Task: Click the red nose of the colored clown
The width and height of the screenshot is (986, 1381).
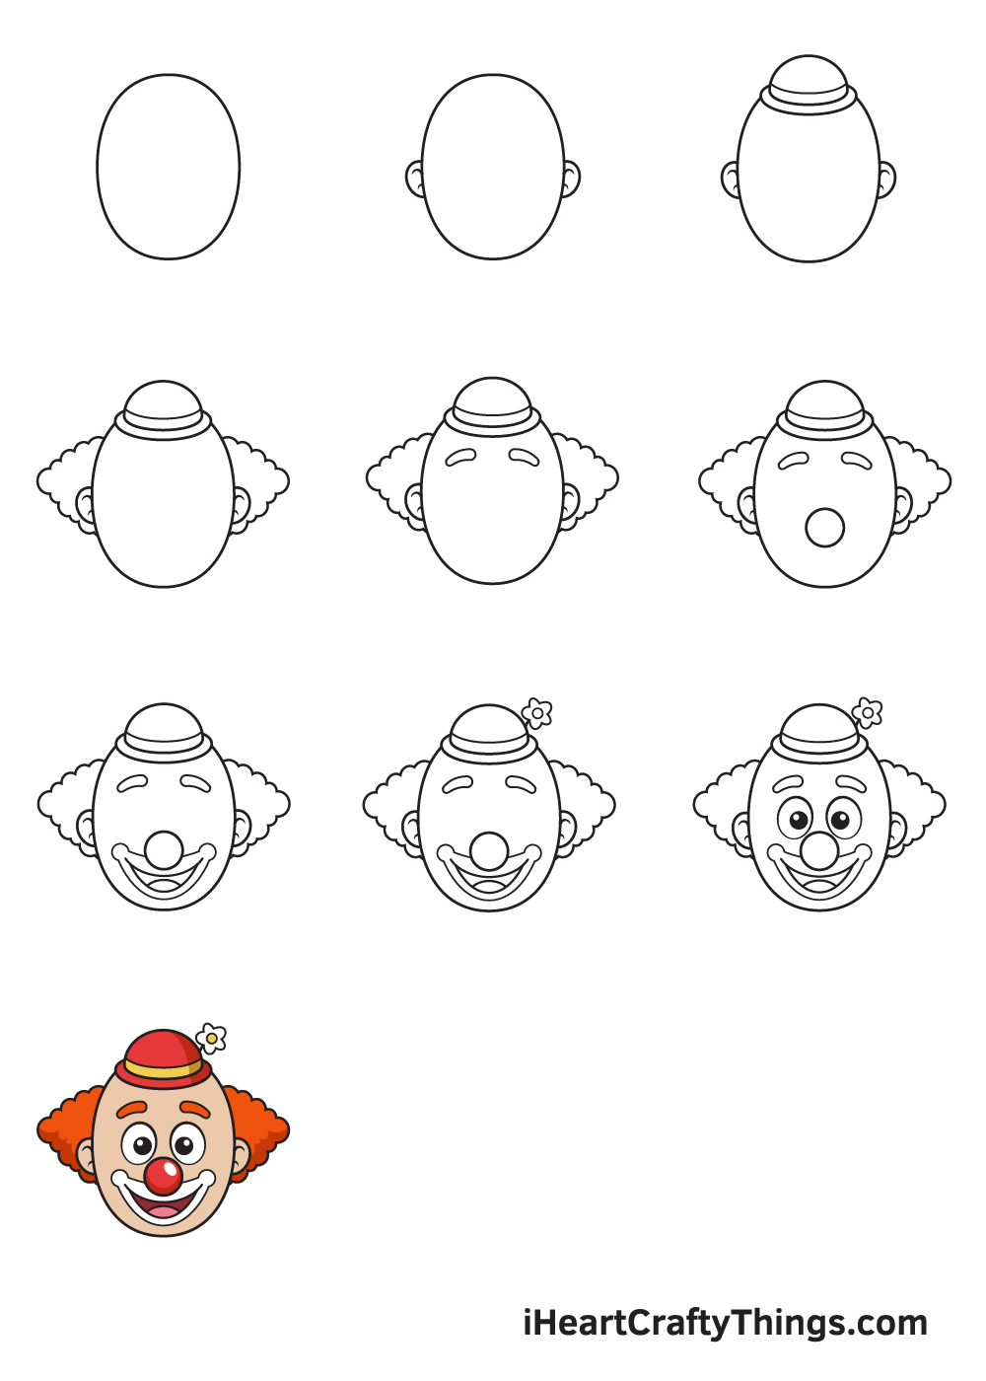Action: coord(164,1176)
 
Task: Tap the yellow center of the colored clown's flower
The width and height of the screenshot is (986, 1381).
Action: coord(211,1038)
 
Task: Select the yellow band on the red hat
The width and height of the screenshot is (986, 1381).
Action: coord(163,1069)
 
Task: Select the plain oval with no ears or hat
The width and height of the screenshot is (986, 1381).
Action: coord(169,167)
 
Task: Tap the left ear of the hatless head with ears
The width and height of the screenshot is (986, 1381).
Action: coord(415,180)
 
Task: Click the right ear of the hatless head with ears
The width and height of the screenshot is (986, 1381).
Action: coord(571,180)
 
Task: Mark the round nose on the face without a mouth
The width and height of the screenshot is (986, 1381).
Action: coord(824,528)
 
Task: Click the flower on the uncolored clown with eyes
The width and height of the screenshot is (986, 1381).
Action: coord(867,712)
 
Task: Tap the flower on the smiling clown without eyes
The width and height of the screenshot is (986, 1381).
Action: coord(536,713)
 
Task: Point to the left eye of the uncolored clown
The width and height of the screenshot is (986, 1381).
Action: coord(795,819)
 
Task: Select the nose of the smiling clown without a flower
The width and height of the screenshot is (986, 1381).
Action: coord(164,849)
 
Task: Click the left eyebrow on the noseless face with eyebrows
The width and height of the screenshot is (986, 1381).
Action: coord(460,457)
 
